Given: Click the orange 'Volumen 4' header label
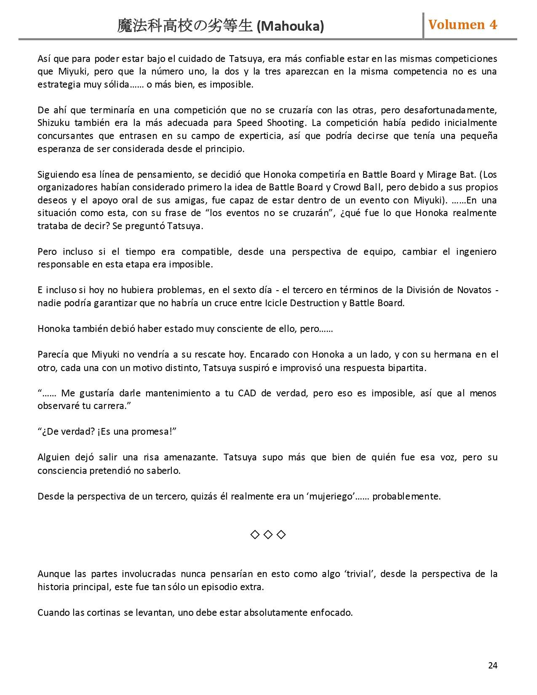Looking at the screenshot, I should pyautogui.click(x=462, y=25).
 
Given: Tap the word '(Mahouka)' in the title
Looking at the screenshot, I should pyautogui.click(x=290, y=27).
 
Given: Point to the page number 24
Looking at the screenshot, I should pyautogui.click(x=492, y=666).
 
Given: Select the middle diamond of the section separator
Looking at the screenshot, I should pyautogui.click(x=268, y=535).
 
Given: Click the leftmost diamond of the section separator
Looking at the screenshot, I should pyautogui.click(x=255, y=535).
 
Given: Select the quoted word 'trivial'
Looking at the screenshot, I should pyautogui.click(x=360, y=574).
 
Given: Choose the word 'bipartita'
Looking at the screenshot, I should pyautogui.click(x=406, y=368).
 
